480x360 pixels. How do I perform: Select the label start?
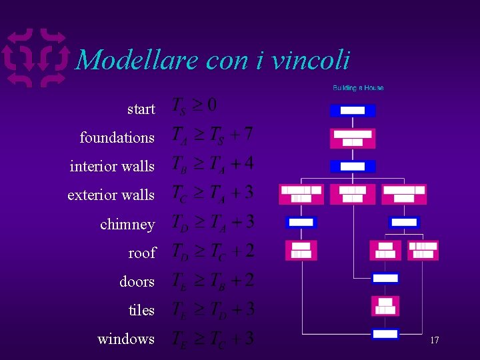(141, 109)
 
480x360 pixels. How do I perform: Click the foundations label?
(117, 137)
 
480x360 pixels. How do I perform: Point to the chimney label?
(127, 224)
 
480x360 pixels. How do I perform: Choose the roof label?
(141, 253)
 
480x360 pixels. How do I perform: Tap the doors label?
(137, 281)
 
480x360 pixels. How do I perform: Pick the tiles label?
(141, 310)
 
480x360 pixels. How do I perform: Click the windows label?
(126, 339)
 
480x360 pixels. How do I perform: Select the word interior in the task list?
(93, 166)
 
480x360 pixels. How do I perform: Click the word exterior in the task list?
(92, 195)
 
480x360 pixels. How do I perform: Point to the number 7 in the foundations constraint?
(247, 134)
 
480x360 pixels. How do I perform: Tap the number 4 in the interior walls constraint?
(248, 163)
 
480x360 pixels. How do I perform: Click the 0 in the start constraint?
(211, 105)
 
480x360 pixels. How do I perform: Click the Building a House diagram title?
(358, 88)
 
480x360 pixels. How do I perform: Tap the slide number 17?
(434, 340)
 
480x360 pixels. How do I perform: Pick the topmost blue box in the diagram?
(353, 110)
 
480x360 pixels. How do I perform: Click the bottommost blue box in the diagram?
(385, 334)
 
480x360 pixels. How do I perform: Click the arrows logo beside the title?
(37, 59)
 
